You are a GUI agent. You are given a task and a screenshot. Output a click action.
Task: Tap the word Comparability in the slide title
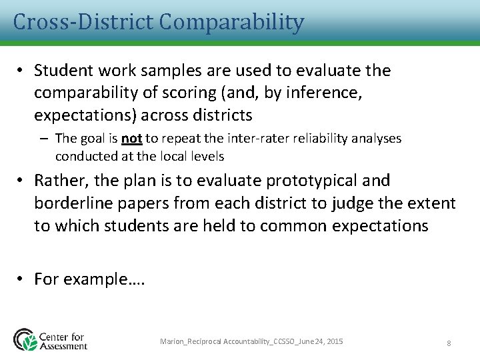point(231,22)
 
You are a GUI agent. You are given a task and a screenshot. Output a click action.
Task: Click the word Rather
point(61,181)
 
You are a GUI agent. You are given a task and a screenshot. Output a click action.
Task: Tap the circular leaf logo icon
point(25,339)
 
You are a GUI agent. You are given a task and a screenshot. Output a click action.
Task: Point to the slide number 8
point(449,343)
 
